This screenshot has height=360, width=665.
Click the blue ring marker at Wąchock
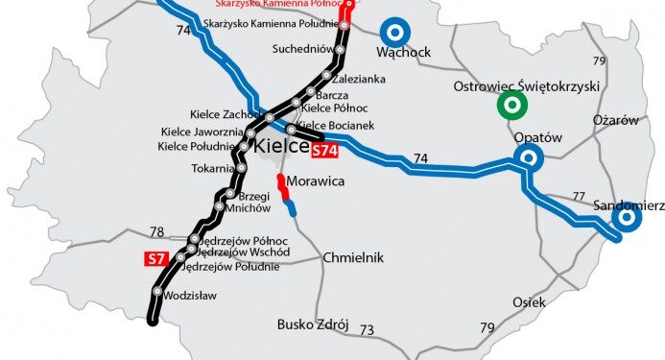[x=394, y=32]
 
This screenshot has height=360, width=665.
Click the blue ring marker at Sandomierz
[x=627, y=219]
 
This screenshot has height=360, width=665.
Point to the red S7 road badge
[x=156, y=257]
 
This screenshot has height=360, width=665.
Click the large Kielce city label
[x=280, y=147]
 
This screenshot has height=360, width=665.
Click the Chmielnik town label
[x=353, y=257]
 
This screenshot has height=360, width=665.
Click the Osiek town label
[x=529, y=301]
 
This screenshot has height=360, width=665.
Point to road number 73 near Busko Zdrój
[x=367, y=330]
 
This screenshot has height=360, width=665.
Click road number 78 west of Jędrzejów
[x=157, y=232]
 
